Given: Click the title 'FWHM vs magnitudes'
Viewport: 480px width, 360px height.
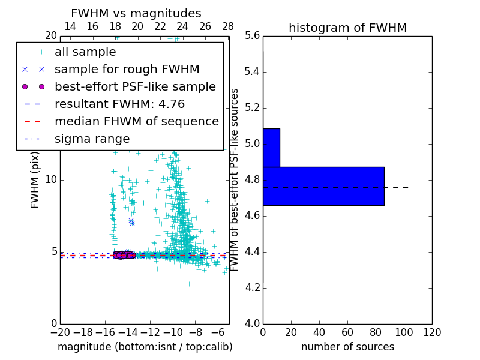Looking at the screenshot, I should click(x=136, y=14).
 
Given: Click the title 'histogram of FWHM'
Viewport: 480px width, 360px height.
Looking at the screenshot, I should click(x=347, y=28).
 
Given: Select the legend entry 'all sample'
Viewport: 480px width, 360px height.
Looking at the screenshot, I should click(x=85, y=52).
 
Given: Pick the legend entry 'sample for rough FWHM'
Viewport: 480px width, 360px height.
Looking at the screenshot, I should click(x=127, y=70).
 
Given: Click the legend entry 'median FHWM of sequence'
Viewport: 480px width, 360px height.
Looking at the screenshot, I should click(x=136, y=121).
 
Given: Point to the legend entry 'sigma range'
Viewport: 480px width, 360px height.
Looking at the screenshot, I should click(x=92, y=139).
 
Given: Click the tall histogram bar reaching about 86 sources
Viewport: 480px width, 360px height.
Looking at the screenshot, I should click(x=323, y=186).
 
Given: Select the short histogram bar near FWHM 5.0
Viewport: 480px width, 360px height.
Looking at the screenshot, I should click(x=271, y=148).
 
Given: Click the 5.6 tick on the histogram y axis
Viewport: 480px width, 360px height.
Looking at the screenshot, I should click(x=252, y=36).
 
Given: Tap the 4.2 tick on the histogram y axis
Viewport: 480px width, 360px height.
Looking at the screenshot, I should click(x=252, y=287).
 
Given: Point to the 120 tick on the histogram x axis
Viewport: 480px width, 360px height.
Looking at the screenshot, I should click(x=432, y=332).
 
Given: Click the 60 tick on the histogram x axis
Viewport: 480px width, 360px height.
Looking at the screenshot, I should click(x=347, y=332).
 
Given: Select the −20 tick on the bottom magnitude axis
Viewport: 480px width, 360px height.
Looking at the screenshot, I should click(x=60, y=332).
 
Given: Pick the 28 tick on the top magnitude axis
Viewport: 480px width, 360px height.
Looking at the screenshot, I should click(x=228, y=26).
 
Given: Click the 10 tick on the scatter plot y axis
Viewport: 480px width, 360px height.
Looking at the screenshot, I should click(x=50, y=180).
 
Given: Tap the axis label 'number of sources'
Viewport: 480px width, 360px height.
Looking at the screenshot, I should click(x=347, y=347).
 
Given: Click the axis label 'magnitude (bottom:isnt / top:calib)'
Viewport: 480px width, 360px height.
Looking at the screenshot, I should click(x=145, y=347).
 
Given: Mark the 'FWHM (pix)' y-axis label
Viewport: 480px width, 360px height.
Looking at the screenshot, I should click(x=35, y=180).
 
